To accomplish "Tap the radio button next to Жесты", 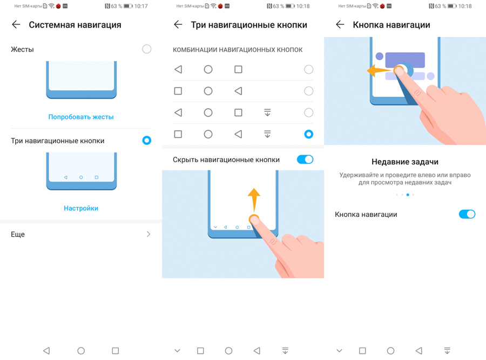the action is tap(146, 49).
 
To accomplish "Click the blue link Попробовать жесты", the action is tap(81, 117).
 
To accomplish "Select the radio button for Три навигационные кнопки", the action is tap(146, 141).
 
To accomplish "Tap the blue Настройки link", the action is tap(81, 208).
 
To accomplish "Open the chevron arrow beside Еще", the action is tap(148, 234).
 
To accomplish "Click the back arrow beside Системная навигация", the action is tap(16, 24).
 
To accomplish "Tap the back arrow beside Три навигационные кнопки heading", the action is tap(178, 24).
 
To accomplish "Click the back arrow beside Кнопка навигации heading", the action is tap(340, 24).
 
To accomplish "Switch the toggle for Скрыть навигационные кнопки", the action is tap(305, 159).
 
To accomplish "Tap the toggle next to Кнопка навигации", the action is tap(467, 214).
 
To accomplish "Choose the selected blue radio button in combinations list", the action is tap(309, 134).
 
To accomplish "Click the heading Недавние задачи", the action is tap(405, 162).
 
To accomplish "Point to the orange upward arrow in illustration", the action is tap(254, 200).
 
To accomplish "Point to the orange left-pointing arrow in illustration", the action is tap(380, 71).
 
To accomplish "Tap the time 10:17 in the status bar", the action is tap(141, 6).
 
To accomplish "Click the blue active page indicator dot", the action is tap(408, 195).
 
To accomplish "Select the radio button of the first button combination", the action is tap(309, 69).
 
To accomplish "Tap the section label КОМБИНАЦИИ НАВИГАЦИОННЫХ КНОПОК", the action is tap(238, 50).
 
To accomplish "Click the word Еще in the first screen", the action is tap(18, 234).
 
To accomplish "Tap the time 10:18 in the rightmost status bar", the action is tap(465, 6).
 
